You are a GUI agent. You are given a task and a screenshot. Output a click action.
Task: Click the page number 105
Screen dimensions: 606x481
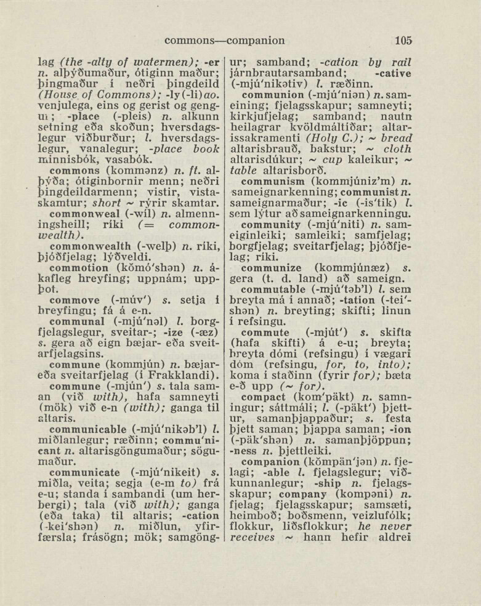[x=403, y=41]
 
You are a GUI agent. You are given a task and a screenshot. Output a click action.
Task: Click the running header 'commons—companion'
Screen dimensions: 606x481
[x=225, y=41]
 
